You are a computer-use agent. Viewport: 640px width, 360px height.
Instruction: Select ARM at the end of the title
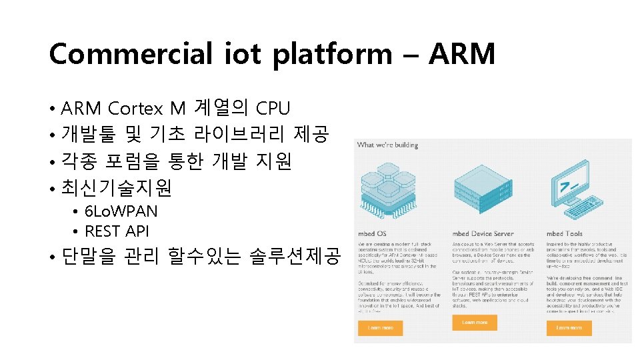click(x=462, y=54)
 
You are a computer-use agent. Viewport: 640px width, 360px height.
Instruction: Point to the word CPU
click(x=273, y=107)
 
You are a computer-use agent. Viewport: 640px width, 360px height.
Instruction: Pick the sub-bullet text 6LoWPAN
click(x=121, y=212)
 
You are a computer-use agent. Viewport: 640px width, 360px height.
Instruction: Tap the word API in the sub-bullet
click(x=136, y=231)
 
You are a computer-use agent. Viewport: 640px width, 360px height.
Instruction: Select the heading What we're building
click(x=388, y=145)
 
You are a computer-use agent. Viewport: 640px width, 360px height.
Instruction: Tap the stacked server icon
click(x=482, y=187)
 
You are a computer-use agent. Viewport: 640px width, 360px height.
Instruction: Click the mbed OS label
click(x=372, y=233)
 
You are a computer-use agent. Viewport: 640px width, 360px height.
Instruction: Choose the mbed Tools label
click(x=564, y=233)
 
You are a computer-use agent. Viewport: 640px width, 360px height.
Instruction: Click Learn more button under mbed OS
click(x=380, y=328)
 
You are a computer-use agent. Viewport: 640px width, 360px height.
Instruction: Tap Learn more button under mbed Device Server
click(x=475, y=323)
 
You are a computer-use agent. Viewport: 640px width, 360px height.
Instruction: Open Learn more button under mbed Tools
click(x=569, y=328)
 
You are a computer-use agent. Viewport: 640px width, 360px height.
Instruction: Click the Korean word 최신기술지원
click(x=116, y=189)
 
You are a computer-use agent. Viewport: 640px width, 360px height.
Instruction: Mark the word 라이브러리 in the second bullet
click(x=239, y=135)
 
